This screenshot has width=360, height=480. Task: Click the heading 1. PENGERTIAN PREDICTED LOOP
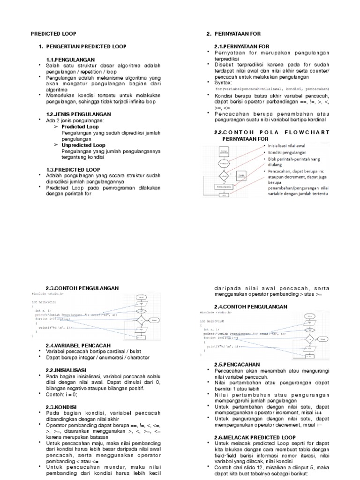tap(82, 47)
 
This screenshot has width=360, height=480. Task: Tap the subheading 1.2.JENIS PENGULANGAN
tap(78, 114)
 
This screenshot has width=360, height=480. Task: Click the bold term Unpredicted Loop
tap(83, 145)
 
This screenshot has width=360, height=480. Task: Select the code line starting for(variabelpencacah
tap(272, 89)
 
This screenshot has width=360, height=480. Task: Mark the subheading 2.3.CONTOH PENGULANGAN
tap(82, 288)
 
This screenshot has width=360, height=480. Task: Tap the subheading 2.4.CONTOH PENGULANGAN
tap(251, 307)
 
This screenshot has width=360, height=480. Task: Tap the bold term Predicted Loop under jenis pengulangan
tap(80, 127)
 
